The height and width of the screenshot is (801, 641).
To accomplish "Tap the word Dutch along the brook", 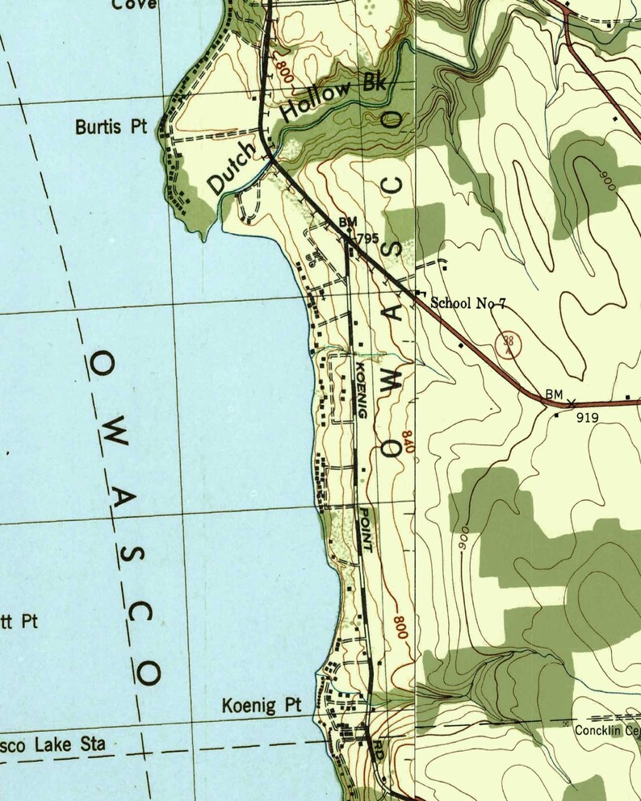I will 231,167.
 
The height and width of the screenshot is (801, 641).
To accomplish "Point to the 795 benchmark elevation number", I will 367,238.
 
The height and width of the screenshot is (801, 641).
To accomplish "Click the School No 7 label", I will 468,303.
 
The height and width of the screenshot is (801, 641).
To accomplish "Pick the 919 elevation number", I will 587,419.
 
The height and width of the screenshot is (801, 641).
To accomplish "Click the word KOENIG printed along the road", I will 361,390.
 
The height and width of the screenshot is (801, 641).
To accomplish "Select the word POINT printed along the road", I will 365,528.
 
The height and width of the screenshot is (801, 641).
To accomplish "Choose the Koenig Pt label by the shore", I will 261,707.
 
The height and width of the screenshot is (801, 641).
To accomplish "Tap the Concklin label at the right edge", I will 607,729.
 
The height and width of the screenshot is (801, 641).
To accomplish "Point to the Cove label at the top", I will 134,5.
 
